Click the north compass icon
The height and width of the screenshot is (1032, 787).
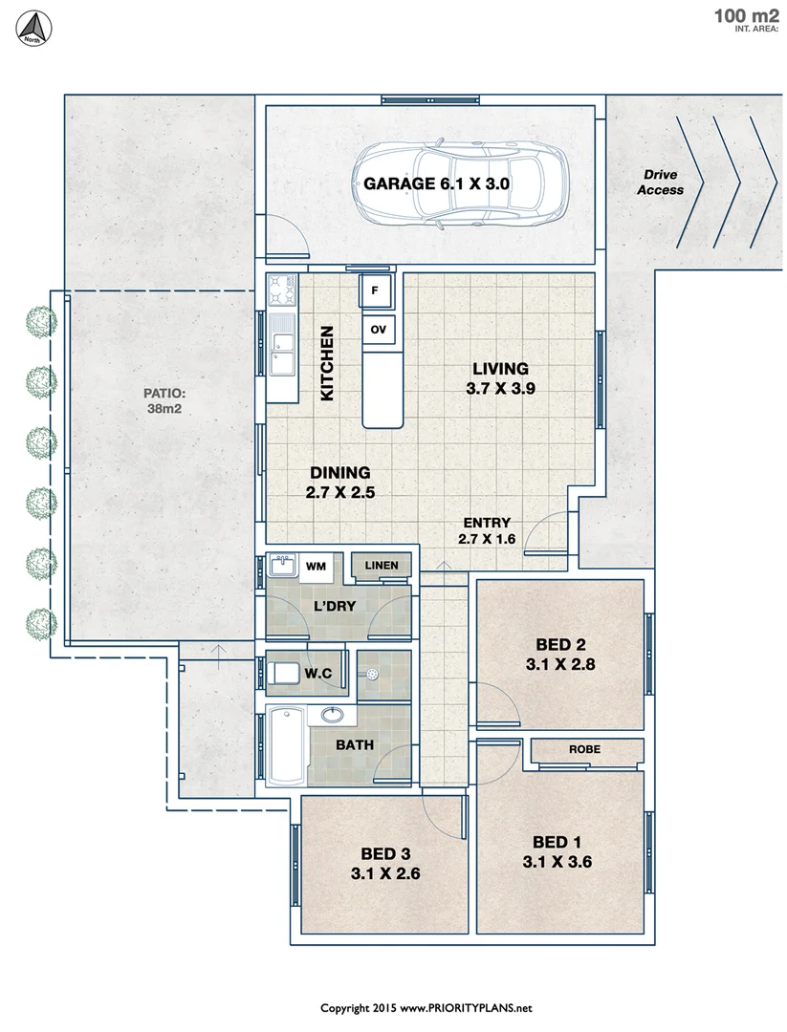35,27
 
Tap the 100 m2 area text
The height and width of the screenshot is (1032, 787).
745,15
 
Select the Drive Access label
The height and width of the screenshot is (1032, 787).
663,183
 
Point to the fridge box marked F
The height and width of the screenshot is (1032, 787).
375,290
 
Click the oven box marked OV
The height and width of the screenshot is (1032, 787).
378,330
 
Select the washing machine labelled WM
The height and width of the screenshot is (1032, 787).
315,567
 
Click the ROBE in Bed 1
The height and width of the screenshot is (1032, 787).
584,750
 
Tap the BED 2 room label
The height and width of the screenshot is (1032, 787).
559,643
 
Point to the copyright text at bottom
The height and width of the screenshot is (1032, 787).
426,1008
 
